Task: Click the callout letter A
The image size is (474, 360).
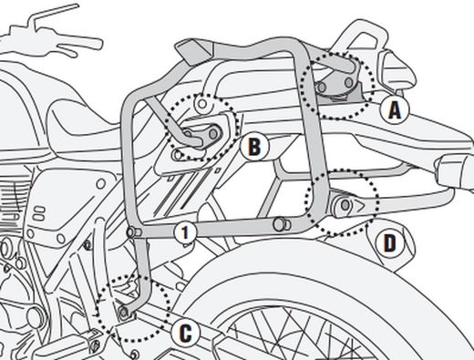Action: coord(394,110)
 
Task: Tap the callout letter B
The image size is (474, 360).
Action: coord(253,145)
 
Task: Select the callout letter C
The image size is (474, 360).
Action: coord(185,334)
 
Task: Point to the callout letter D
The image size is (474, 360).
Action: coord(389,242)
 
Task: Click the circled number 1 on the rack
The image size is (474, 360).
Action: coord(184,232)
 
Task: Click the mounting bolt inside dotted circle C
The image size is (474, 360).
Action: coord(123,314)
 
